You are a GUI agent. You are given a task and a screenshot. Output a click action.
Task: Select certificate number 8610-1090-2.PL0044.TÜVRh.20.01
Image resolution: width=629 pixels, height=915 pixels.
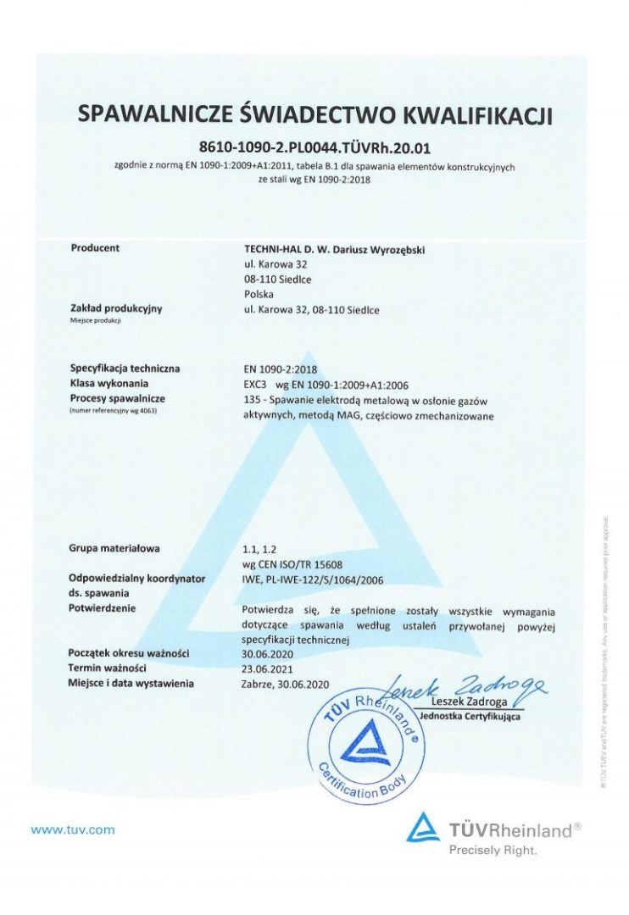click(x=314, y=147)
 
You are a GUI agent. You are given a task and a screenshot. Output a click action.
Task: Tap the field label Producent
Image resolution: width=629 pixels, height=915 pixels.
click(x=95, y=248)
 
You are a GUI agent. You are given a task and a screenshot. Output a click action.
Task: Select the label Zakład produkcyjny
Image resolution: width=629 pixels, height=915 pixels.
click(x=116, y=309)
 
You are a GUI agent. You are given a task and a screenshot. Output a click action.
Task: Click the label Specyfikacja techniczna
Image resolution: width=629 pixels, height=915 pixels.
click(x=125, y=369)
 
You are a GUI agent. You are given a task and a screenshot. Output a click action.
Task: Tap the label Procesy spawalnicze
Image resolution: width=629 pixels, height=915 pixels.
click(x=118, y=398)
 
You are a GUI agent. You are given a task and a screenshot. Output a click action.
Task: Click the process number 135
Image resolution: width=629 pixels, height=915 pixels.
click(x=252, y=399)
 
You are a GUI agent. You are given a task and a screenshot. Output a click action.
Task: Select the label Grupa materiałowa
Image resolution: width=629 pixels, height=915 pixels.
click(x=115, y=548)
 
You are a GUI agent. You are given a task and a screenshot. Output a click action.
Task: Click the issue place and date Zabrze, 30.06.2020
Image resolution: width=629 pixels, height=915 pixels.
click(x=286, y=683)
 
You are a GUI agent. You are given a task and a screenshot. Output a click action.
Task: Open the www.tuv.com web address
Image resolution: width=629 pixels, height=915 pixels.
click(x=73, y=829)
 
